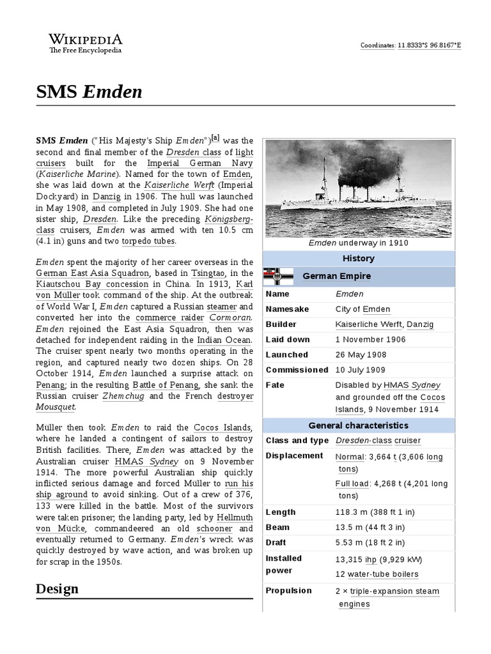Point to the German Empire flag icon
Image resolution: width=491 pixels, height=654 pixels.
tap(279, 276)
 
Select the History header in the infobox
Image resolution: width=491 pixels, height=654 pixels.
tap(358, 259)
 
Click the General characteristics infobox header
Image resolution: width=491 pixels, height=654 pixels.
tap(358, 425)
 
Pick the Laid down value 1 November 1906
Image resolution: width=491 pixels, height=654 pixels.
tap(370, 340)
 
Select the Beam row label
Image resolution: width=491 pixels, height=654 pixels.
tap(277, 528)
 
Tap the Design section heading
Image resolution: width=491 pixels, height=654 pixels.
tap(57, 588)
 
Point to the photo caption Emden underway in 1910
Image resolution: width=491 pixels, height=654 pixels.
tap(358, 243)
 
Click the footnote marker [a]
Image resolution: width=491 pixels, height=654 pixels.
tap(215, 137)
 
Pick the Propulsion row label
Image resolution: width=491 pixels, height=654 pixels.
tap(289, 591)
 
